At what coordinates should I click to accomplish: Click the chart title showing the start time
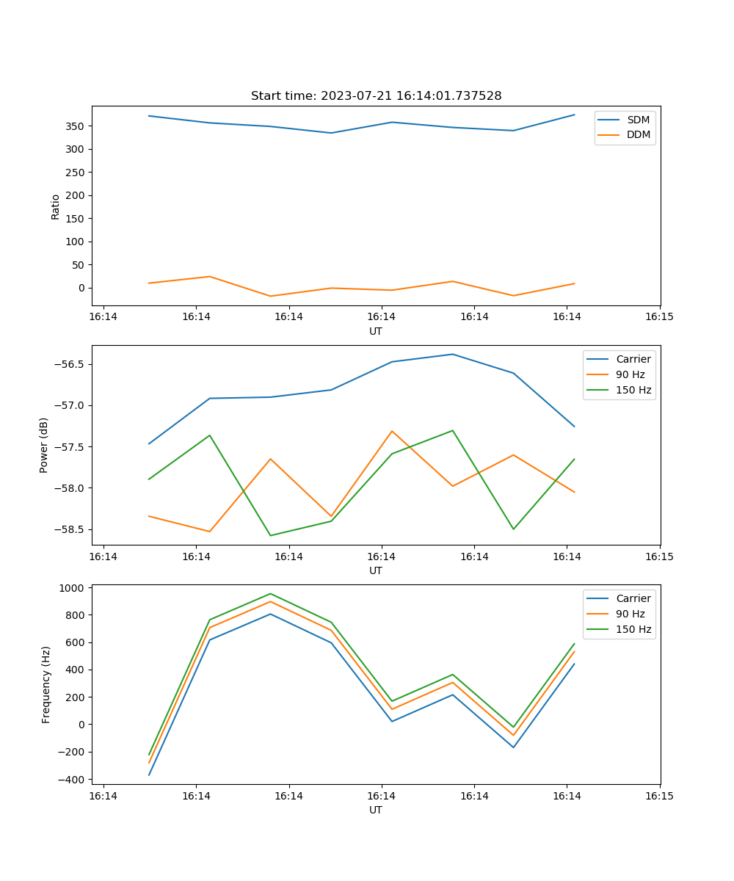click(x=376, y=96)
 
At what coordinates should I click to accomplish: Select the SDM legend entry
click(x=638, y=120)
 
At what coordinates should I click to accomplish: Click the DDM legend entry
click(x=638, y=134)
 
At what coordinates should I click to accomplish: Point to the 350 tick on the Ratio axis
click(x=76, y=126)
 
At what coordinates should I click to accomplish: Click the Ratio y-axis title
click(x=56, y=206)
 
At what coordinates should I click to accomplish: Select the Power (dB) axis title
click(x=45, y=445)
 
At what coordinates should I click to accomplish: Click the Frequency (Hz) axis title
click(x=46, y=684)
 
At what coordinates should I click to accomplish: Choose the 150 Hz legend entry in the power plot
click(x=633, y=390)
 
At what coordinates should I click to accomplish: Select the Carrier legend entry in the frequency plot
click(x=633, y=598)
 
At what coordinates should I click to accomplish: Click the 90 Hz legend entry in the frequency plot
click(x=633, y=614)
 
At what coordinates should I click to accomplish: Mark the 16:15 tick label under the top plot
click(x=659, y=317)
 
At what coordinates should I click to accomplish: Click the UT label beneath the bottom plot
click(x=376, y=810)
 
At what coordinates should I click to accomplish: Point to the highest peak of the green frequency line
click(x=270, y=593)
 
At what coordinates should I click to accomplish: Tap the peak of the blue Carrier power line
click(x=453, y=355)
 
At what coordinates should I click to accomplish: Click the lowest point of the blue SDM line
click(x=331, y=133)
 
